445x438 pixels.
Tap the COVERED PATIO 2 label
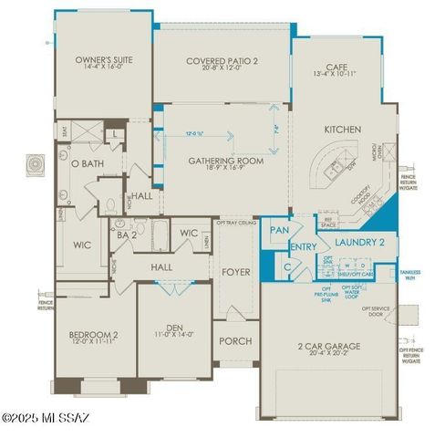[x=222, y=61]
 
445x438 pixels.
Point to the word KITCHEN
[x=341, y=130]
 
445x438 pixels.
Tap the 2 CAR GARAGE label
[x=329, y=346]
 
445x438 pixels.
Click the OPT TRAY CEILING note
[x=235, y=222]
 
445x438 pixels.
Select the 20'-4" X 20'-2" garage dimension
[x=329, y=356]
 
